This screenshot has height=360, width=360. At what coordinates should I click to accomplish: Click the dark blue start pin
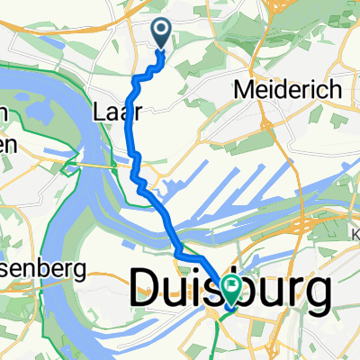(x=162, y=34)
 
